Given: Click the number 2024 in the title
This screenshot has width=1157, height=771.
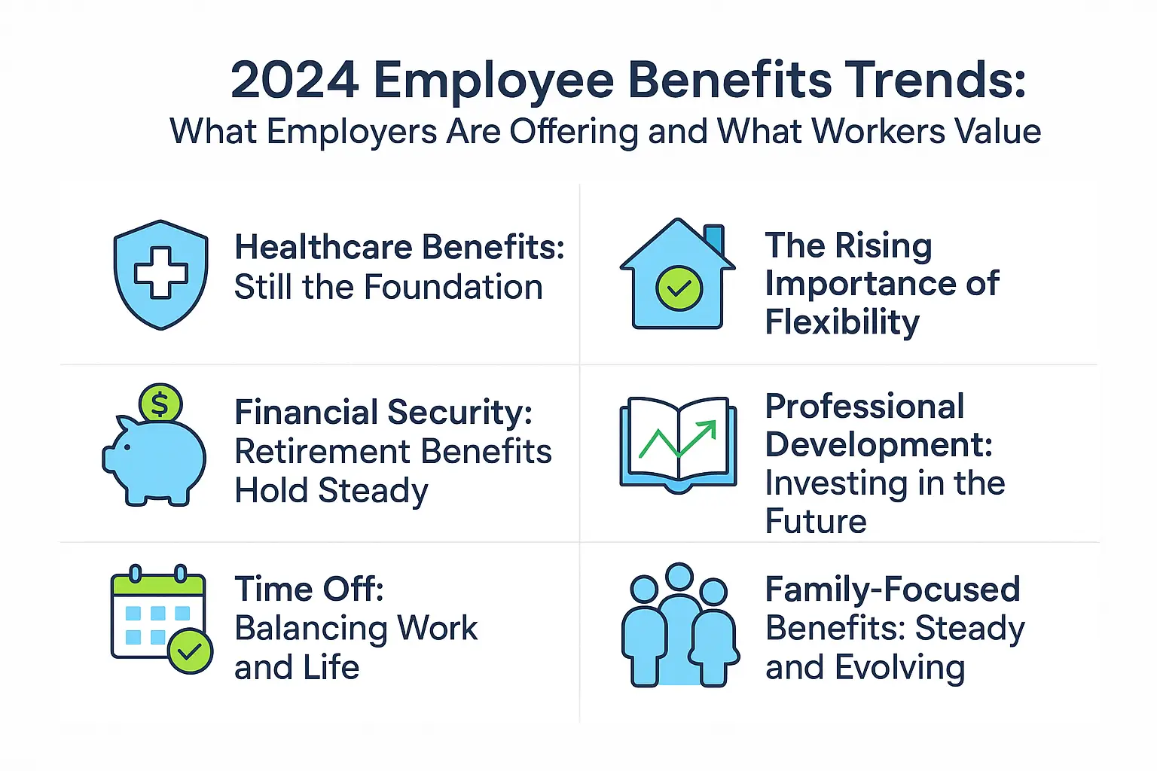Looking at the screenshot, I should tap(295, 80).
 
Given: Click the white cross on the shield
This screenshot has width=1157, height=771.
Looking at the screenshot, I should tap(161, 272).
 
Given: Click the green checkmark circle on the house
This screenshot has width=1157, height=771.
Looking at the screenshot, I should tap(679, 288).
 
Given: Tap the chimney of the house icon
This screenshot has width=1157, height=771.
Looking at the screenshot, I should tap(713, 239).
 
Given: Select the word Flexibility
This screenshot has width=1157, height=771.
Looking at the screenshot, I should tap(842, 322).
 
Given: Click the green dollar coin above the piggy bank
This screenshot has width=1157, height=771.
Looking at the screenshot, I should tap(160, 404).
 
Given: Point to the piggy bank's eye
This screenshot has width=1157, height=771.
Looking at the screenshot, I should tap(126, 447).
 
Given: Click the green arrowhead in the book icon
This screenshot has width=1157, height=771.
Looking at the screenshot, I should tap(707, 430).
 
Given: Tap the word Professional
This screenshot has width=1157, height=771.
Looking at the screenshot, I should tap(864, 407).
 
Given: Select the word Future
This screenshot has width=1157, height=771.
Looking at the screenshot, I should tap(816, 521).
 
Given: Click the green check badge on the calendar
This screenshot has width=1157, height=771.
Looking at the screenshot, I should tap(190, 651).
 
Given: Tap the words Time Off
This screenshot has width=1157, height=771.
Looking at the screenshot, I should tap(309, 589).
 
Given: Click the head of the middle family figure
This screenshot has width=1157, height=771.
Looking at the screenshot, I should tap(679, 577).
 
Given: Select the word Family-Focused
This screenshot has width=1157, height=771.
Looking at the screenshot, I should tap(893, 589).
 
